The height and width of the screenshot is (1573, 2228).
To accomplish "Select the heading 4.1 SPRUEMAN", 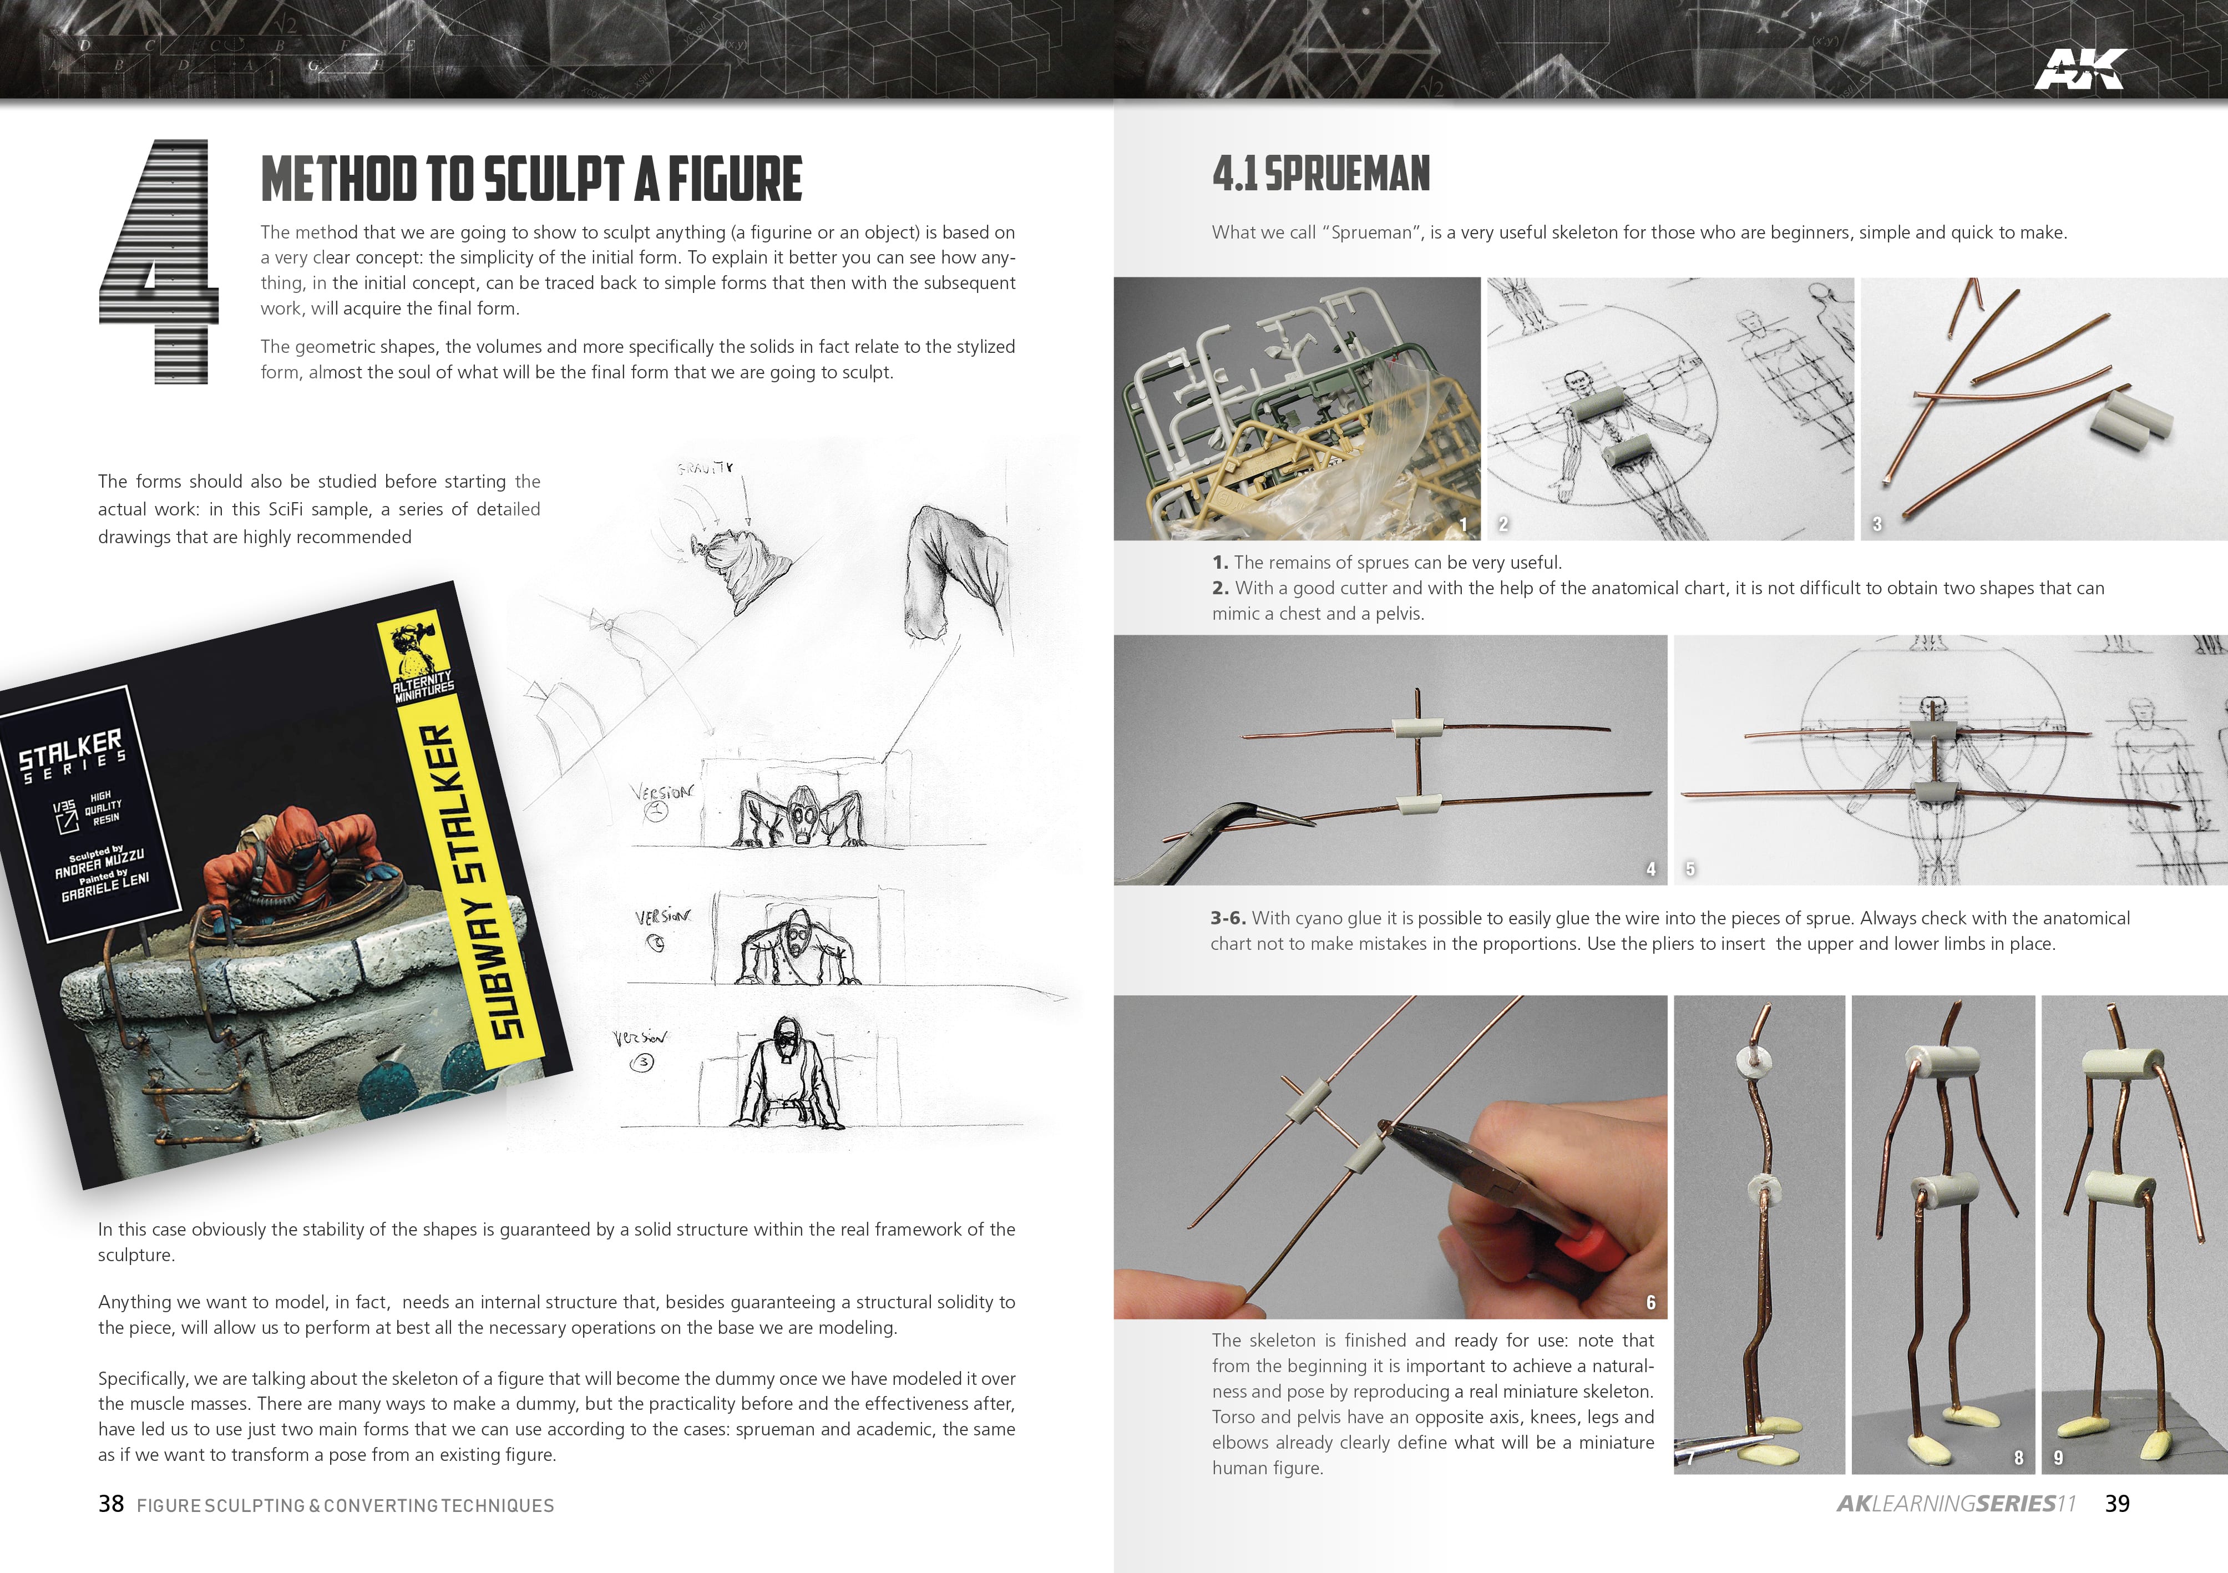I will (x=1321, y=175).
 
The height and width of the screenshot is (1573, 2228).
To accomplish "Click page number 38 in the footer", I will (x=110, y=1504).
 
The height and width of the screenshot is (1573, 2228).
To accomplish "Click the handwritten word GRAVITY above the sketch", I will (x=706, y=468).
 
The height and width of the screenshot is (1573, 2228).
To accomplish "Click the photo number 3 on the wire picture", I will (x=1877, y=524).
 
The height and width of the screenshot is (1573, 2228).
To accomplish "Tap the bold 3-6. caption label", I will (x=1228, y=918).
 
